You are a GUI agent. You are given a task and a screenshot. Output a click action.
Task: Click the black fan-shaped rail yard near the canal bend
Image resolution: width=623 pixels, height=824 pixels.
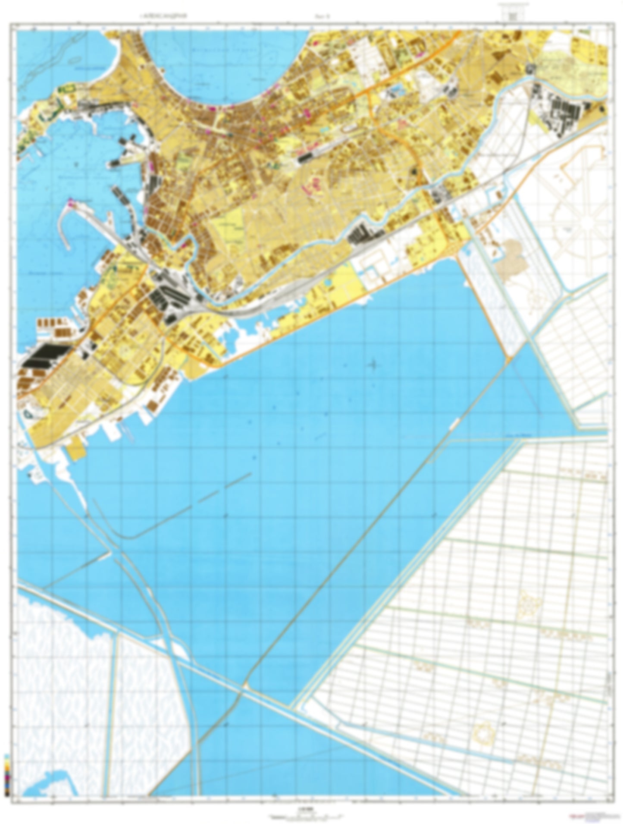[166, 298]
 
